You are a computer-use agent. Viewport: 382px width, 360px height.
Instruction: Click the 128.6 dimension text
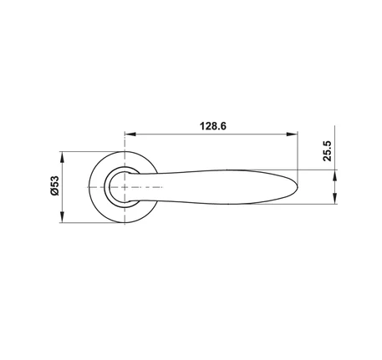(213, 126)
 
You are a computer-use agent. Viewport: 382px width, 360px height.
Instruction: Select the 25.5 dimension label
(328, 151)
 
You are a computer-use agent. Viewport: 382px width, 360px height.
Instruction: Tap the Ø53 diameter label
(55, 185)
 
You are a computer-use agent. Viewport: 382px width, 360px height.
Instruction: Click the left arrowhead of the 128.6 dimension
(130, 134)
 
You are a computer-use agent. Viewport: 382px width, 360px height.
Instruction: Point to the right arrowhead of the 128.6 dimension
(292, 134)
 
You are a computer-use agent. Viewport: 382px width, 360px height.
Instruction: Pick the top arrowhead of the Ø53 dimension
(62, 157)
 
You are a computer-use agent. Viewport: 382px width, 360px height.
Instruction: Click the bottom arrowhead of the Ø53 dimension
(62, 217)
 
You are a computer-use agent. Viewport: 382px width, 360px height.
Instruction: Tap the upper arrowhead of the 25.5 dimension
(334, 175)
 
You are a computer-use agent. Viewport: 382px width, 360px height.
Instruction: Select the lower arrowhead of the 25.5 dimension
(334, 198)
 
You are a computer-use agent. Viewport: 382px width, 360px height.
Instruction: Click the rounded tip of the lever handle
(298, 186)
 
